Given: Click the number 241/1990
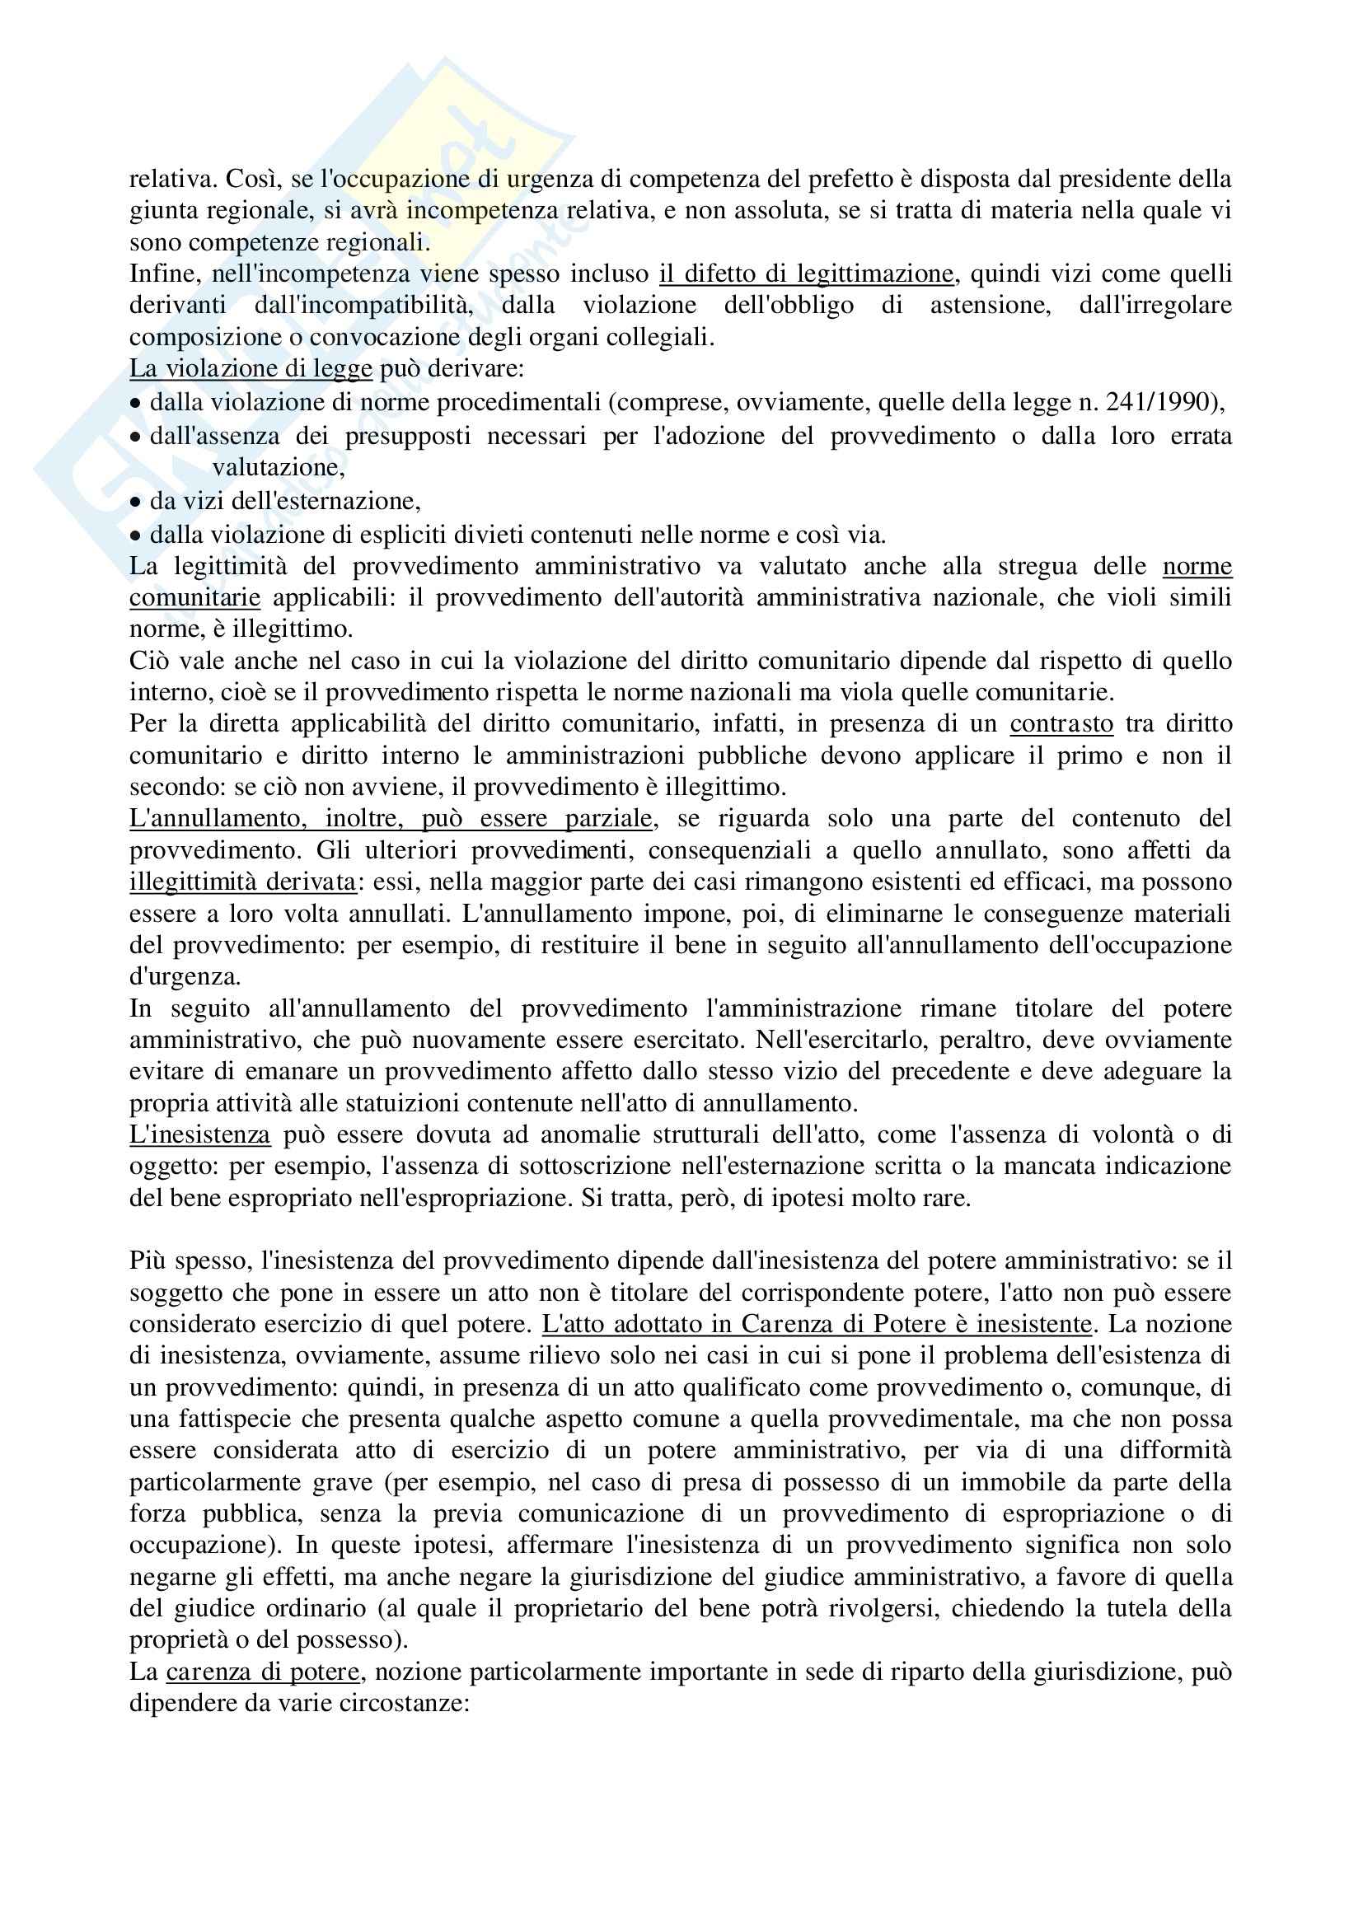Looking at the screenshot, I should coord(1161,402).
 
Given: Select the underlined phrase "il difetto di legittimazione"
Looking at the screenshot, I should coord(806,274).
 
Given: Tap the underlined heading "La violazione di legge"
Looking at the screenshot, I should coord(251,368).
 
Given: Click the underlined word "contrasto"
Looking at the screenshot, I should coord(1061,723).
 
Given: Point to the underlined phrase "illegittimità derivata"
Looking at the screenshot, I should coord(242,882).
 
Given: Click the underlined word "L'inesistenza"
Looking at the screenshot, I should coord(199,1134).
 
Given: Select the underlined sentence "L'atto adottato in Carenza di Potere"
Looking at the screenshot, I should coord(816,1325).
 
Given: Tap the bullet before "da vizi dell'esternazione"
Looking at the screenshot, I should coord(135,502).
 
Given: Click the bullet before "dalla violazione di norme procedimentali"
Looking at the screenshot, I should coord(135,403).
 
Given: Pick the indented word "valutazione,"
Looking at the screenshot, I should coord(278,467).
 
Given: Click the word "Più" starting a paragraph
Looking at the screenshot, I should coord(148,1261).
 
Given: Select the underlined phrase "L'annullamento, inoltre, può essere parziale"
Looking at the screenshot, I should coord(391,818).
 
